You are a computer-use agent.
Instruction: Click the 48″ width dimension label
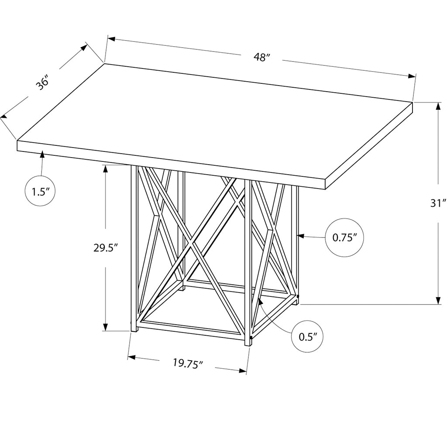click(262, 57)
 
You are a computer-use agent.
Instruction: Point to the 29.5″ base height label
click(106, 248)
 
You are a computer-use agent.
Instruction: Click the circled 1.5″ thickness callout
click(40, 191)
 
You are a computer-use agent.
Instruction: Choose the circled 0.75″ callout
click(345, 237)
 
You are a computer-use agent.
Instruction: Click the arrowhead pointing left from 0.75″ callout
click(300, 236)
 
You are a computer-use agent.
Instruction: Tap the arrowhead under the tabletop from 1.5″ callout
click(42, 154)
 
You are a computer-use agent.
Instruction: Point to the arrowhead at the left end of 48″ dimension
click(111, 39)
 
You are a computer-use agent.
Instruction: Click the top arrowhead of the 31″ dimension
click(437, 106)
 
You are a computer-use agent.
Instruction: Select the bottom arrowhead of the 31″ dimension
click(437, 300)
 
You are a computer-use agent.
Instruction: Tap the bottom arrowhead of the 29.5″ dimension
click(106, 327)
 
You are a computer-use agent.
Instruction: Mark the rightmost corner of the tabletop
click(413, 102)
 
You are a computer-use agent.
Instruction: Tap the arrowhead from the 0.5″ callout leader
click(260, 302)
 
